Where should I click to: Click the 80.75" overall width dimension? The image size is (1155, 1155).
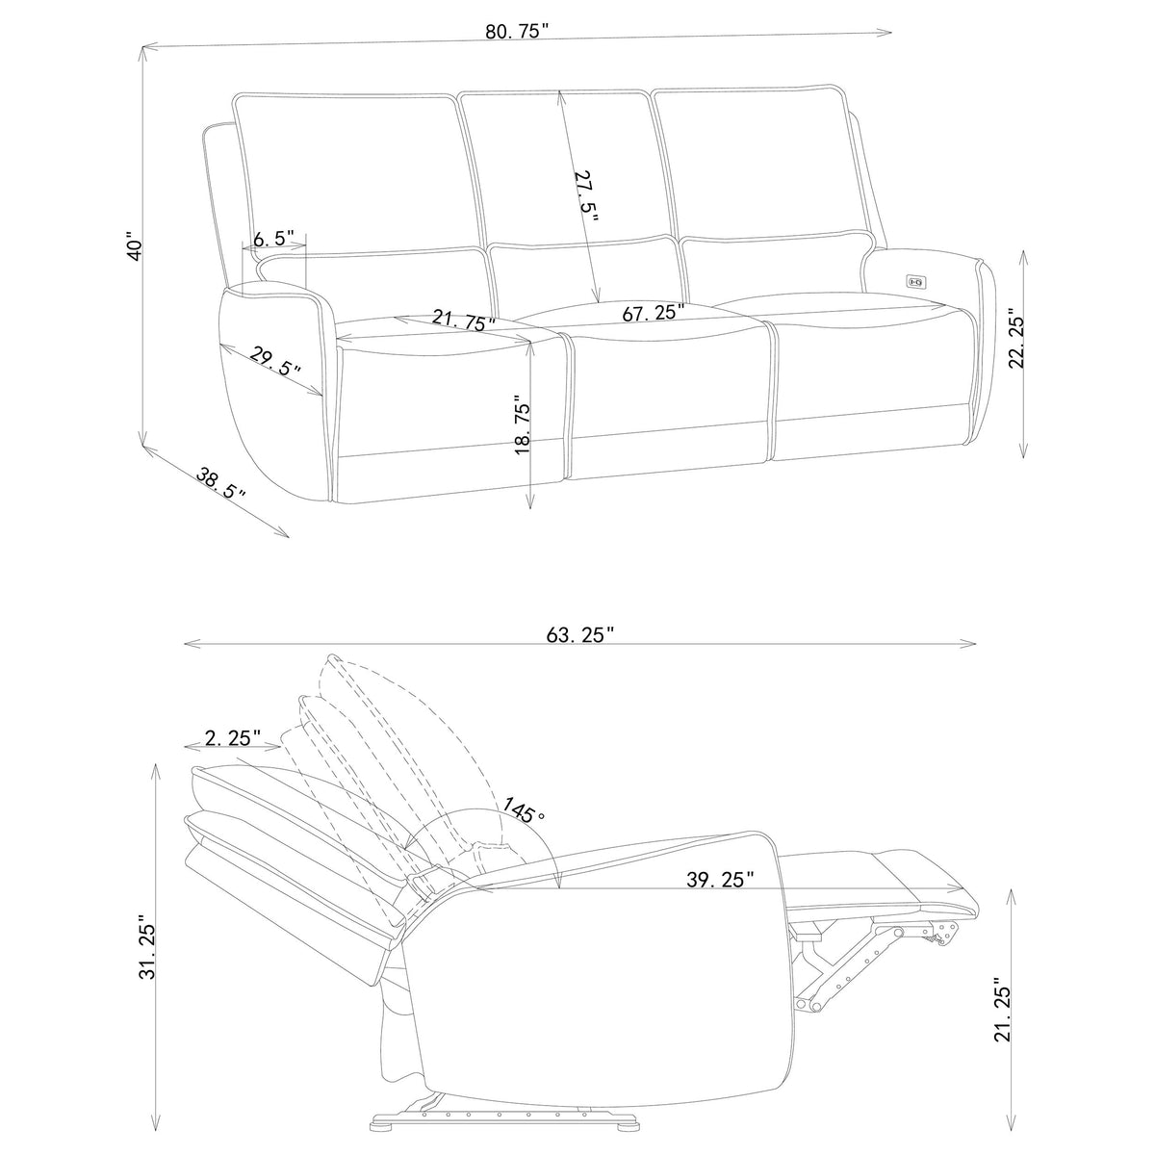tap(517, 32)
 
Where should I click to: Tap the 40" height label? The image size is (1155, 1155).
tap(136, 245)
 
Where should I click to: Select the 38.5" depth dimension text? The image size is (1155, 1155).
tap(220, 484)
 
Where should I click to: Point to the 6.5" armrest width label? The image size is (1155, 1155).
tap(274, 239)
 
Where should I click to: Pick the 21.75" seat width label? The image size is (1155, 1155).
tap(464, 320)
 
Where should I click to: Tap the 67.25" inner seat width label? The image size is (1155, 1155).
tap(653, 312)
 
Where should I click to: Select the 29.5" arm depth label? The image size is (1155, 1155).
tap(274, 361)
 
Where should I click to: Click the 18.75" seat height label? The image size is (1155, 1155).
tap(522, 424)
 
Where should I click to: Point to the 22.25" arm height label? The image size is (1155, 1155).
tap(1016, 339)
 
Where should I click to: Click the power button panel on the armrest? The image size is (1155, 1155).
tap(916, 280)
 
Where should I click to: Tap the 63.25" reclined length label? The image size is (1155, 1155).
tap(580, 634)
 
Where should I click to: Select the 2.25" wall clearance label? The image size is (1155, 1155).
tap(233, 738)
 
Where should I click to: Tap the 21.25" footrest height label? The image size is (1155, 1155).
tap(1003, 1010)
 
